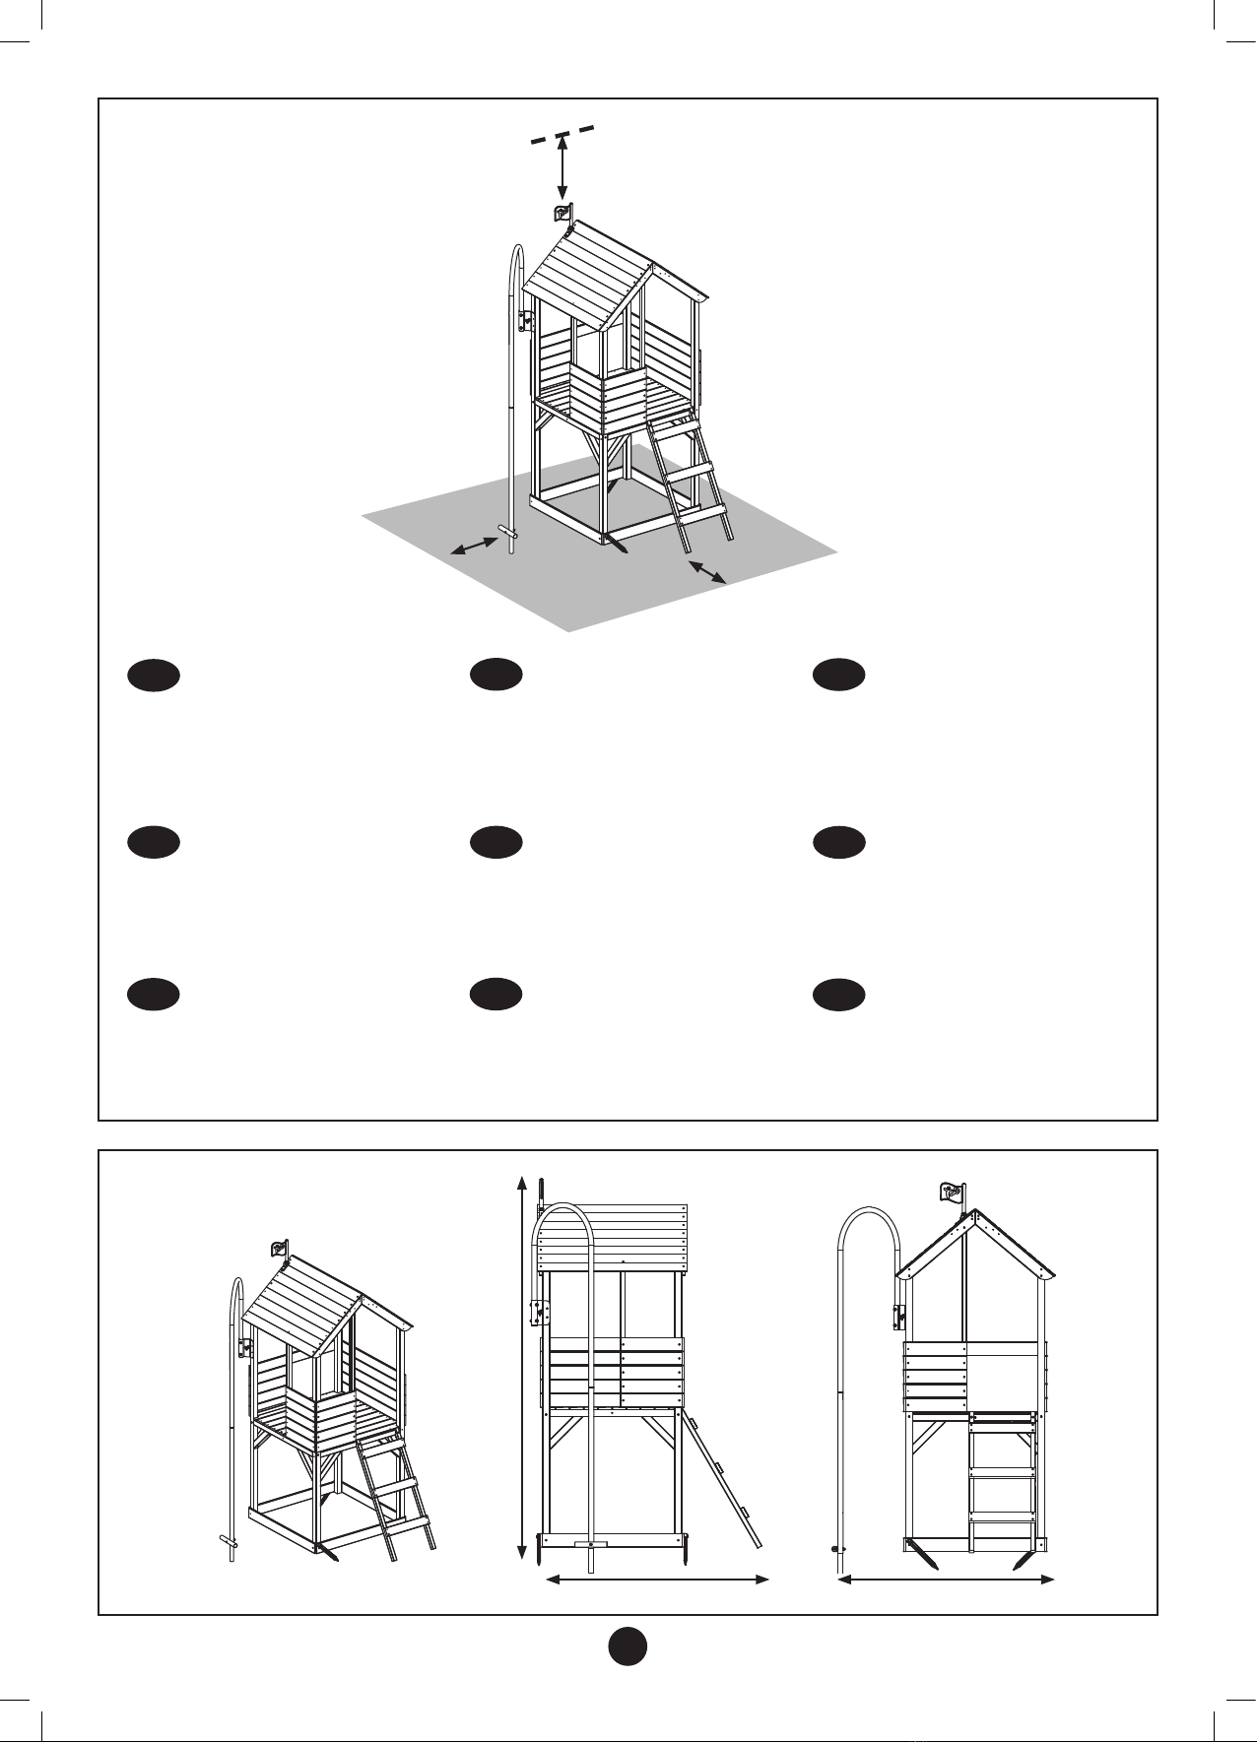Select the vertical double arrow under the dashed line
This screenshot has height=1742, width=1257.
[562, 169]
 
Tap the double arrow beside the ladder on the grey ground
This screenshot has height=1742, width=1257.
[707, 571]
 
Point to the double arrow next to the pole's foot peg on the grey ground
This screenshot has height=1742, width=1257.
[474, 546]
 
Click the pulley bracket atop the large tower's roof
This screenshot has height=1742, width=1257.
[562, 214]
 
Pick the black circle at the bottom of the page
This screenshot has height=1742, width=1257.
[628, 1645]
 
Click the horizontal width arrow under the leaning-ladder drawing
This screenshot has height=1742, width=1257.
[657, 1580]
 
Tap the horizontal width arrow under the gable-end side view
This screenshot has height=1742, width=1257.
[946, 1580]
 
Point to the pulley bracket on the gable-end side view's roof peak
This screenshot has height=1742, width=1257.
[952, 1194]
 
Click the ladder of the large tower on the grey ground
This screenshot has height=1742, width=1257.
[689, 478]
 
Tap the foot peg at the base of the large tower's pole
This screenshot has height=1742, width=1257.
[509, 532]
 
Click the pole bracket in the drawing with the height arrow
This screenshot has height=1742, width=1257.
[537, 1314]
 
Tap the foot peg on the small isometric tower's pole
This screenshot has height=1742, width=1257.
[229, 1541]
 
